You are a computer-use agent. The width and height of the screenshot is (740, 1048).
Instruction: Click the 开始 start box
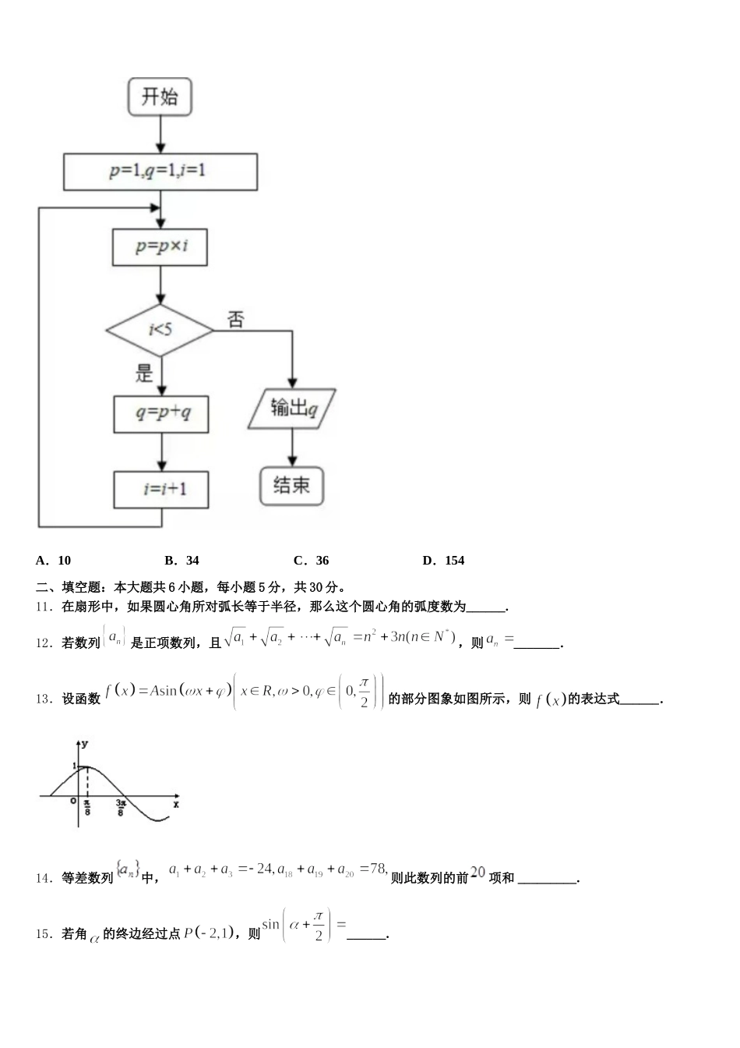(160, 97)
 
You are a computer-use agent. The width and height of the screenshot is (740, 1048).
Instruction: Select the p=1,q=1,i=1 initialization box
(160, 172)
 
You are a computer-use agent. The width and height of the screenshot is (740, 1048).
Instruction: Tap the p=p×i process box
(160, 246)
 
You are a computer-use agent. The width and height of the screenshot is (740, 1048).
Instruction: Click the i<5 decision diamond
(160, 330)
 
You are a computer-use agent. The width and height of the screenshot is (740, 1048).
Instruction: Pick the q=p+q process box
(161, 414)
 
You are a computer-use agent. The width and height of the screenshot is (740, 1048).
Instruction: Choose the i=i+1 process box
(162, 490)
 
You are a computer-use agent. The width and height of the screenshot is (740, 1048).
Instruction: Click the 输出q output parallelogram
(292, 409)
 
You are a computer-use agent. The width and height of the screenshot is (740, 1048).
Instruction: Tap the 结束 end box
(291, 486)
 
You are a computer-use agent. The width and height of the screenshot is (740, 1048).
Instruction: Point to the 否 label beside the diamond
(235, 319)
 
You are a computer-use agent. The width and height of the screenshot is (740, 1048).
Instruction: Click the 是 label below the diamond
(145, 373)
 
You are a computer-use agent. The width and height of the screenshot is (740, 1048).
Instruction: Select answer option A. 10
(54, 560)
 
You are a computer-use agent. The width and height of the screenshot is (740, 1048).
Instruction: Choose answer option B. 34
(182, 560)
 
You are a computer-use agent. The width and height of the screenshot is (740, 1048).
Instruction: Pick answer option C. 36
(312, 560)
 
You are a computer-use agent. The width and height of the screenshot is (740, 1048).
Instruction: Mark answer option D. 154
(443, 560)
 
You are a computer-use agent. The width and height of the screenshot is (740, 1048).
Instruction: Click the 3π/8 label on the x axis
(122, 807)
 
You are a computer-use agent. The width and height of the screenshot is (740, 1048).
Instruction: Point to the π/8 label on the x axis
(87, 807)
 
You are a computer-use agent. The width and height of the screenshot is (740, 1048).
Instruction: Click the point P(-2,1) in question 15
(209, 933)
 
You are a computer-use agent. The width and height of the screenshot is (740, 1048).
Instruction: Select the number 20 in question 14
(477, 873)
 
